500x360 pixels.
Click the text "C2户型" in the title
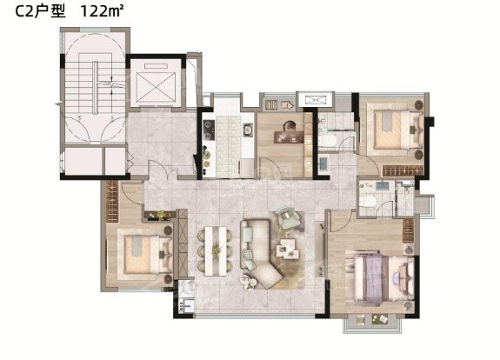click(41, 12)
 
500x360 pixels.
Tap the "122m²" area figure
click(102, 11)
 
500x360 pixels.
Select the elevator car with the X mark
click(156, 87)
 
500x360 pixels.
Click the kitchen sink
click(248, 130)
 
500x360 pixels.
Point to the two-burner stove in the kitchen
click(209, 130)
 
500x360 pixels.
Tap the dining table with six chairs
click(216, 250)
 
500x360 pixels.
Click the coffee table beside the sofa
click(287, 248)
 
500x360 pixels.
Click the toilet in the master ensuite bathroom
click(367, 201)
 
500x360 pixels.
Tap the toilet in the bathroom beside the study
click(327, 141)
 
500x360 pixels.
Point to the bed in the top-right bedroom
click(398, 129)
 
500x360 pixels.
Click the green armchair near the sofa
click(288, 217)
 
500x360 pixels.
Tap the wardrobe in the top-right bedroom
click(403, 170)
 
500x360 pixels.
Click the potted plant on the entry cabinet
click(162, 214)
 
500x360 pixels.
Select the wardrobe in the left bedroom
click(112, 202)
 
